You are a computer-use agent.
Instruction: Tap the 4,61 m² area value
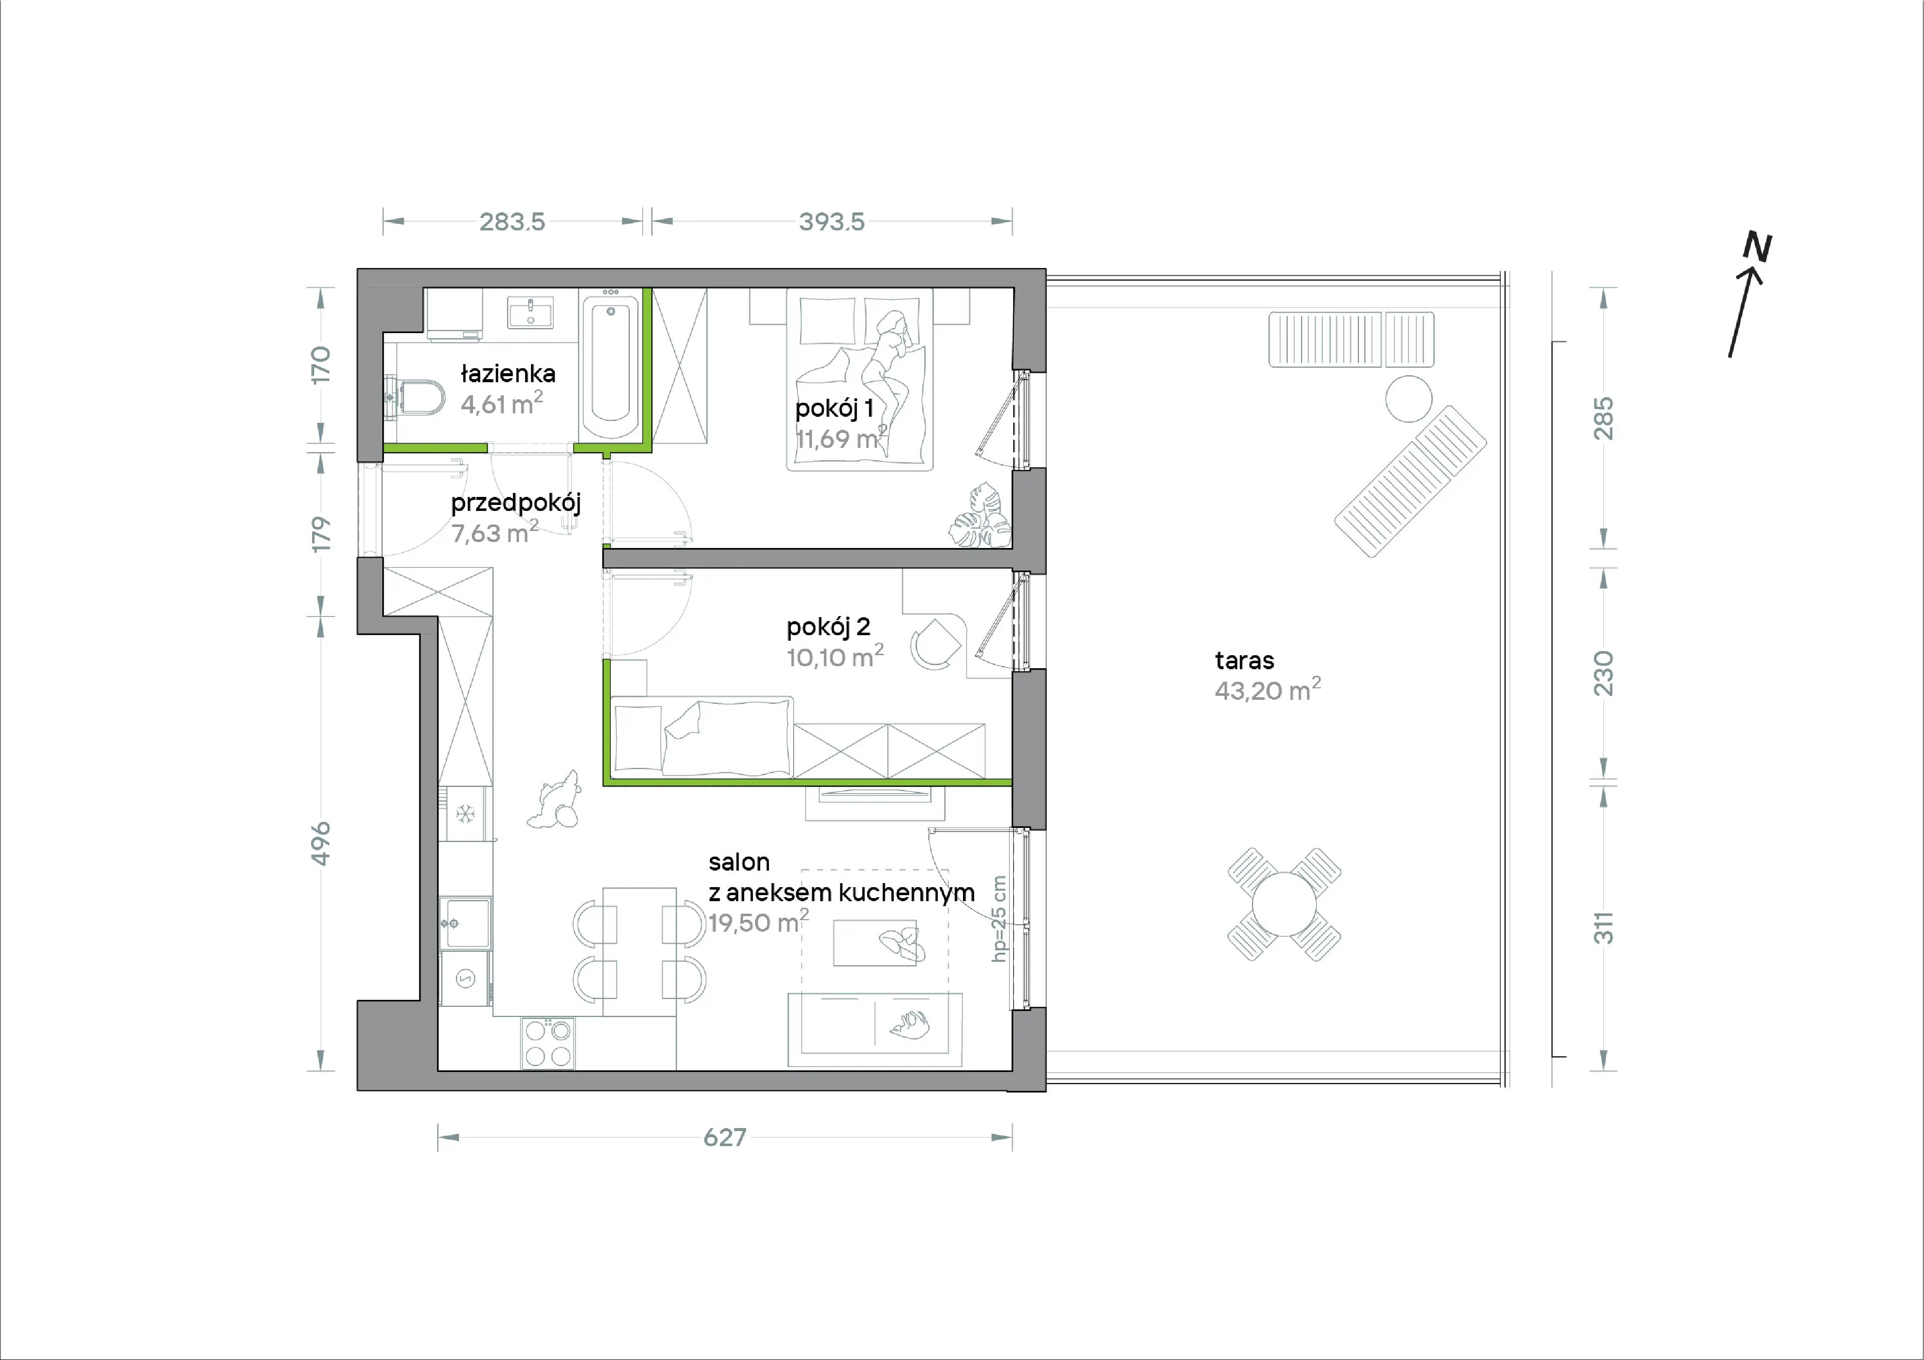[501, 403]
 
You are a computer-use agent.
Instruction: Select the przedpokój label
[516, 503]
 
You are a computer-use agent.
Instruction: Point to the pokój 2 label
[828, 627]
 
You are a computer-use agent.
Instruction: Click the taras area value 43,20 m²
[1267, 690]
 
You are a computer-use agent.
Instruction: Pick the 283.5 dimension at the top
[512, 222]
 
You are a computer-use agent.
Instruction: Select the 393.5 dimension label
[831, 222]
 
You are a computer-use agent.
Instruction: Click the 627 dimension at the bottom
[725, 1137]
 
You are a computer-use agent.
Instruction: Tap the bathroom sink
[531, 313]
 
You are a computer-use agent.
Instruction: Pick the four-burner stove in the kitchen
[548, 1043]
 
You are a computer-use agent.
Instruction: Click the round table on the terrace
[1284, 904]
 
